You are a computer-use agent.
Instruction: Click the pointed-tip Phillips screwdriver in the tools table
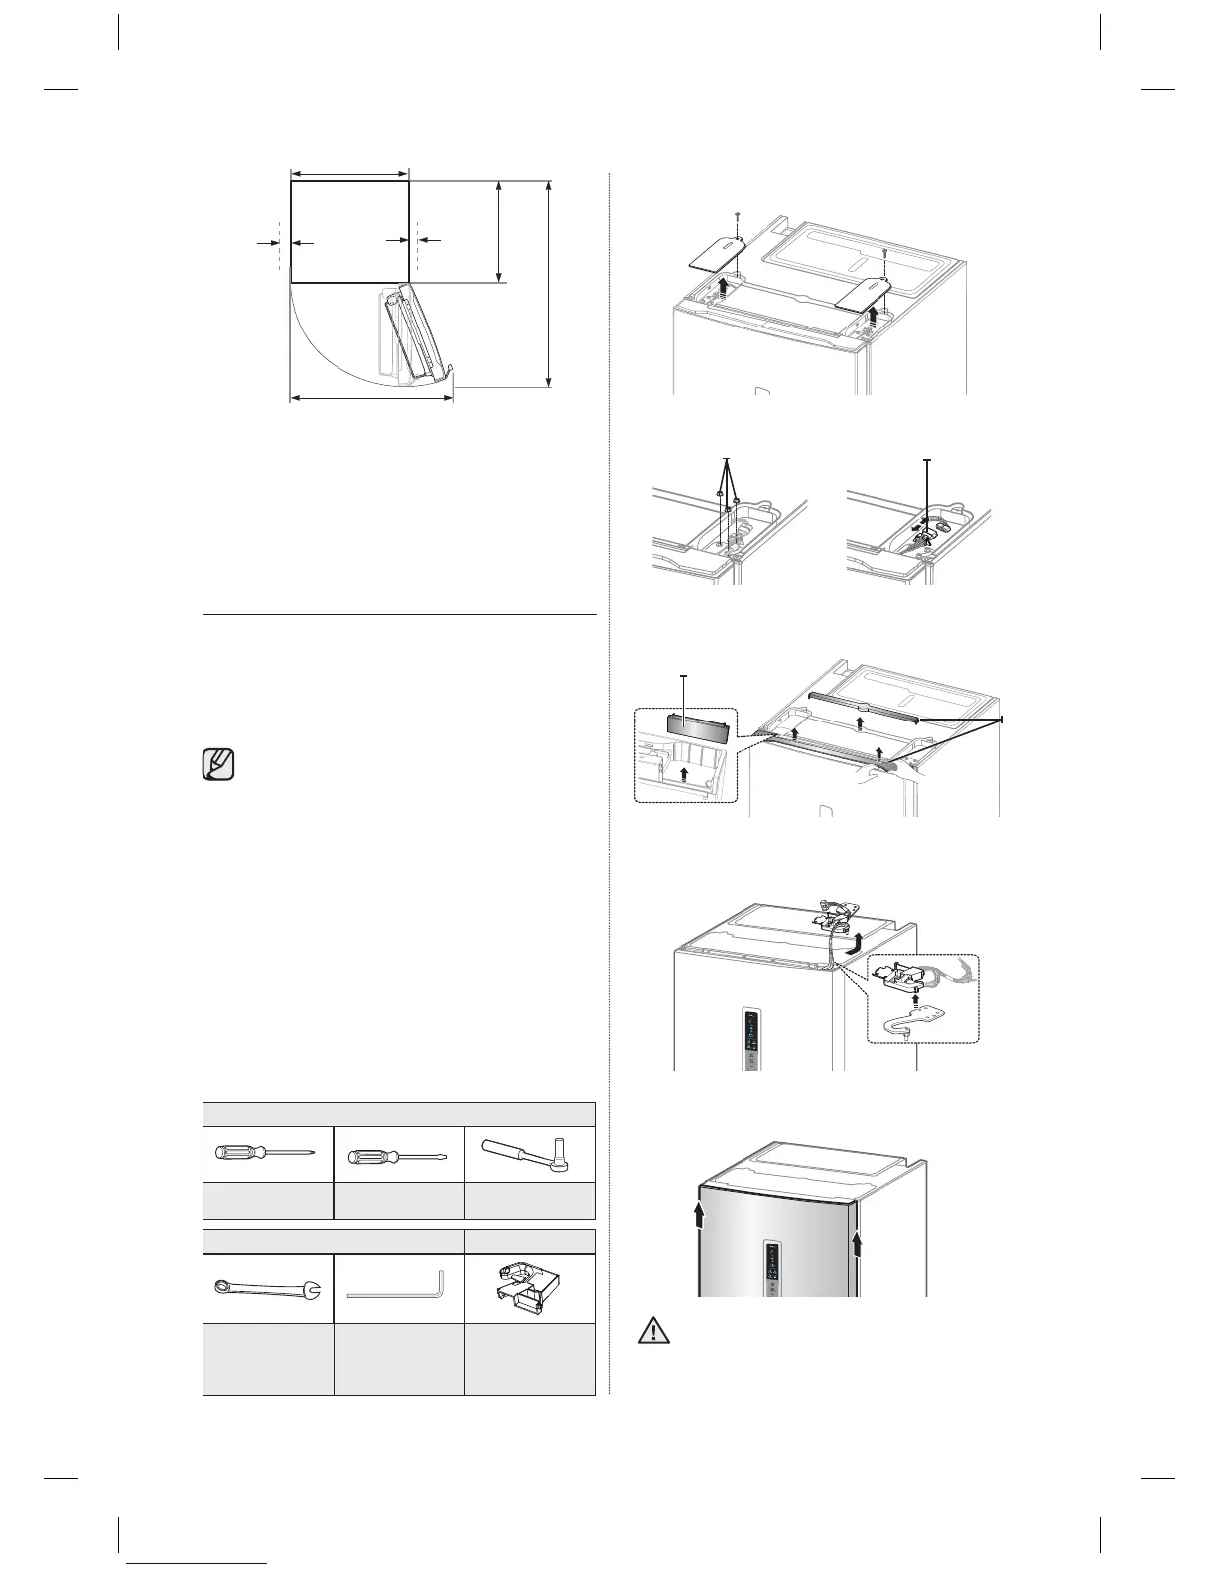[x=266, y=1153]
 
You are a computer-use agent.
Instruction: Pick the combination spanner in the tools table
[x=267, y=1289]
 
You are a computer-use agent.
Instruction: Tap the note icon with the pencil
[x=219, y=766]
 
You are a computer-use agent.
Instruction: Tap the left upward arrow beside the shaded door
[x=703, y=1214]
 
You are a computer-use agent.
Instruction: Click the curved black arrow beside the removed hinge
[x=849, y=943]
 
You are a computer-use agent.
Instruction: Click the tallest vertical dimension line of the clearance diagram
[x=549, y=284]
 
